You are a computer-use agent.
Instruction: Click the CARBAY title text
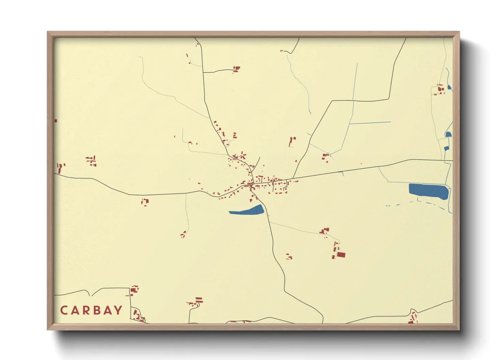pos(91,310)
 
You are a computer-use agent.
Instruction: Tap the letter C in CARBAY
pos(64,310)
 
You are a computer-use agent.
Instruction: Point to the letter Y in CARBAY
pos(118,310)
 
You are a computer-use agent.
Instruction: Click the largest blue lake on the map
pos(428,191)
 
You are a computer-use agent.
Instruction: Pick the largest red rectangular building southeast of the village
pos(341,255)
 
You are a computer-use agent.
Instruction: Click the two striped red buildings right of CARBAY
pos(199,300)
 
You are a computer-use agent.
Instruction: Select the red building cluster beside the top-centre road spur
pos(236,69)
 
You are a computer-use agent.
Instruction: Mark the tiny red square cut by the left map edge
pos(56,121)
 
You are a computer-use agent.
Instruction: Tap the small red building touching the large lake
pos(449,189)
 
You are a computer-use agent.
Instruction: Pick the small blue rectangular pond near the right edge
pos(446,148)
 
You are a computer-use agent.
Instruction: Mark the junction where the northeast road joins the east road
pos(293,179)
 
